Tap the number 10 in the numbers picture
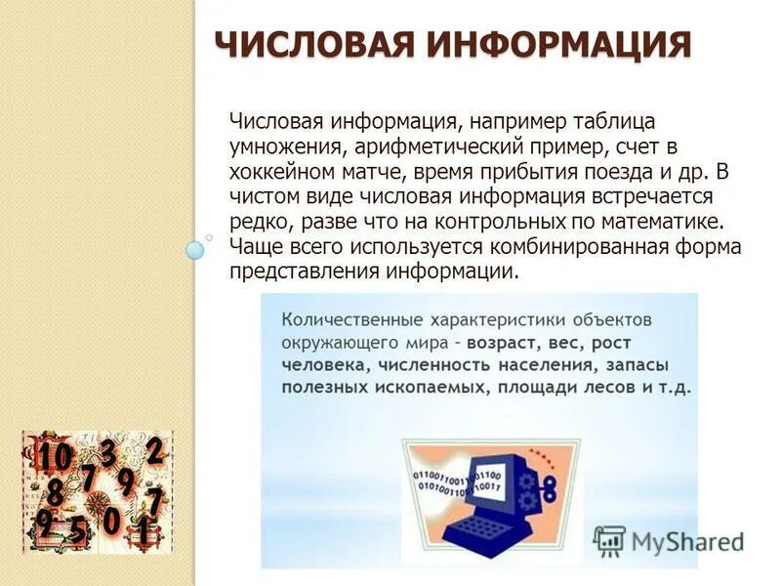(55, 457)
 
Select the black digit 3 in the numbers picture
(108, 452)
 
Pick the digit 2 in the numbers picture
(154, 450)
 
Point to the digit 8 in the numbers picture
(55, 491)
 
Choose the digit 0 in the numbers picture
(111, 522)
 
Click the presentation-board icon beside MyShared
(609, 541)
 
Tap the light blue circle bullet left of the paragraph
(195, 250)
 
